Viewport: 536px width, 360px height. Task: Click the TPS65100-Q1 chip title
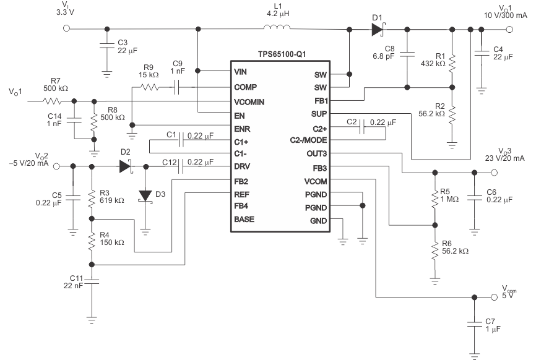click(x=280, y=54)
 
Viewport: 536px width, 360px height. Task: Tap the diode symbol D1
click(x=377, y=28)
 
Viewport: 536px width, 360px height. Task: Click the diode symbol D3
click(x=145, y=196)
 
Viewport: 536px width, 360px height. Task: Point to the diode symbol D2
click(x=126, y=166)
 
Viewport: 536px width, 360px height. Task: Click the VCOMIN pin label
click(x=249, y=101)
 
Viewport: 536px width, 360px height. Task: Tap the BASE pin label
click(x=244, y=219)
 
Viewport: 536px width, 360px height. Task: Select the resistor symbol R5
click(x=435, y=198)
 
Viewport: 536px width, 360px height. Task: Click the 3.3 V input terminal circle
click(x=67, y=28)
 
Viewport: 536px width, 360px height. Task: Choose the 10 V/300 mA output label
click(x=506, y=14)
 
